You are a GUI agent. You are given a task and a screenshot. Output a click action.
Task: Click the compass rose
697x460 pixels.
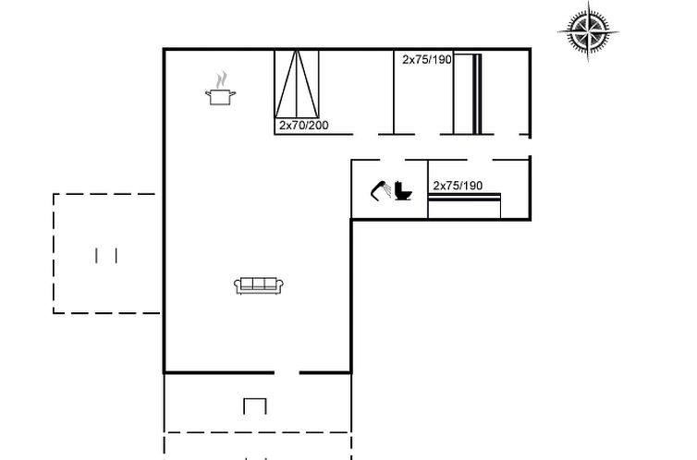[588, 32]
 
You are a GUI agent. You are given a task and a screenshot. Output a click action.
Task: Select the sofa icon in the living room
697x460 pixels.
[259, 285]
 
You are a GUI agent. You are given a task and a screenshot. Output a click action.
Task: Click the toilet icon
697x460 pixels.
[403, 190]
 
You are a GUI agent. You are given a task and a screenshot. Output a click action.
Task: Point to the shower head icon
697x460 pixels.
[377, 190]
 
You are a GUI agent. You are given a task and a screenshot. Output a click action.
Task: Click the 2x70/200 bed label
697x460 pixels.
[304, 126]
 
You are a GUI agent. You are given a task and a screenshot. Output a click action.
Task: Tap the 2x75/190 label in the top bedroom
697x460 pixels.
[427, 59]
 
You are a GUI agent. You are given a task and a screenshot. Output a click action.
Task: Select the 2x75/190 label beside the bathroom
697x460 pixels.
[458, 186]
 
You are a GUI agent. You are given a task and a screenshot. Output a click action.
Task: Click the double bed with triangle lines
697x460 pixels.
[297, 84]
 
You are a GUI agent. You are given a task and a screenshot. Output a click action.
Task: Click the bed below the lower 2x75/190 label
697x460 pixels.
[465, 206]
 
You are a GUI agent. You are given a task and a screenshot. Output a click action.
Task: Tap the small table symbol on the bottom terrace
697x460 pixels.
[255, 406]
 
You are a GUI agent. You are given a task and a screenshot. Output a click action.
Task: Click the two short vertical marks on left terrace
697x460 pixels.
[106, 256]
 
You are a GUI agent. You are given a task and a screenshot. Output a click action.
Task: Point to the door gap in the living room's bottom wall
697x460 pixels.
[287, 373]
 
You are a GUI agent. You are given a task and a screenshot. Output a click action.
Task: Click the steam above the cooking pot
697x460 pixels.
[221, 80]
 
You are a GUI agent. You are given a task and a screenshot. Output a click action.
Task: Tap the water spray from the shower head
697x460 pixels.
[387, 190]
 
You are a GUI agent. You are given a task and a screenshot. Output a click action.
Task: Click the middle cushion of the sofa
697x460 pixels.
[259, 284]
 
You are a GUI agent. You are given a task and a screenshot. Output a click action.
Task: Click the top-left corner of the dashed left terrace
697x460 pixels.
[54, 194]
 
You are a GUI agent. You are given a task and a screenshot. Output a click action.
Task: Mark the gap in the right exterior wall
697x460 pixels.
[530, 147]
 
